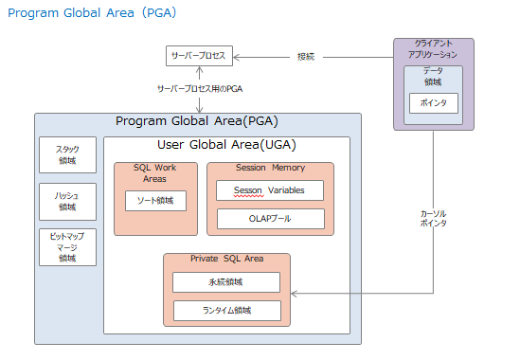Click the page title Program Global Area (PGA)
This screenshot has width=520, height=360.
pos(92,13)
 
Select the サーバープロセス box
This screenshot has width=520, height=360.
pos(198,56)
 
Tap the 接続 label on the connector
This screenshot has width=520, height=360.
pos(306,56)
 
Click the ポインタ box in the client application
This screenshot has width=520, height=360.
pos(433,102)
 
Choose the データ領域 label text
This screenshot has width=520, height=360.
pos(433,77)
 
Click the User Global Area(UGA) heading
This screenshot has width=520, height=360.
pos(225,144)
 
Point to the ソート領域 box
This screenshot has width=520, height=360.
pos(155,201)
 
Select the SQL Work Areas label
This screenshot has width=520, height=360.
pos(154,173)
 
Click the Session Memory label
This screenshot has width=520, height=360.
pos(270,168)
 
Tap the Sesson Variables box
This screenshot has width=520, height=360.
pos(270,190)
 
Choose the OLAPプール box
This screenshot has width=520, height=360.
pos(270,219)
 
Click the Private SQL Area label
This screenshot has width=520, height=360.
pos(226,259)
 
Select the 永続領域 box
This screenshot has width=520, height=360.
pos(226,282)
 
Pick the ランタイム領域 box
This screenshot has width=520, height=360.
pos(226,310)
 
